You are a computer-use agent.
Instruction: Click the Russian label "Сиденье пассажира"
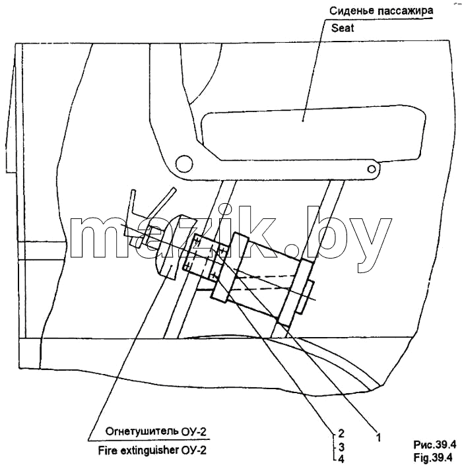(x=381, y=11)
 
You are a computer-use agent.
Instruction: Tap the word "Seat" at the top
(x=343, y=28)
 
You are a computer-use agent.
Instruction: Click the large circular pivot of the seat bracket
(x=184, y=163)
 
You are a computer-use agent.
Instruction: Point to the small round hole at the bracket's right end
(x=372, y=169)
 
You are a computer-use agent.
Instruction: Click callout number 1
(x=378, y=437)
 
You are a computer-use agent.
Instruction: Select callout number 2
(x=341, y=433)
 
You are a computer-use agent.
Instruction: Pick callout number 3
(x=342, y=447)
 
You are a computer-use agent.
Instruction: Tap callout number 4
(x=342, y=459)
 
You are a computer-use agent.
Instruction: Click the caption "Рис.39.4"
(x=434, y=445)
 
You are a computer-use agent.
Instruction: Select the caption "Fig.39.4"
(x=433, y=457)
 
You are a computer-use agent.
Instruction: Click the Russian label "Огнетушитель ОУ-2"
(x=156, y=431)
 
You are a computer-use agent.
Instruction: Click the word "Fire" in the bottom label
(x=108, y=451)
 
